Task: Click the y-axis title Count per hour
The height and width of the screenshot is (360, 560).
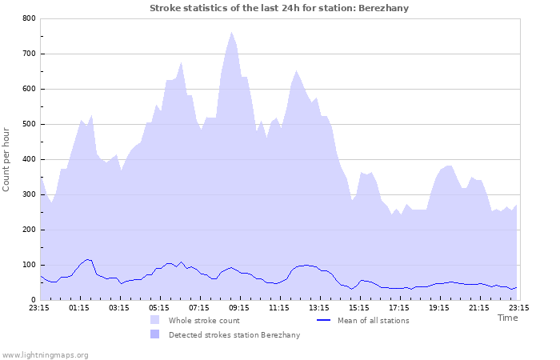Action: click(x=7, y=158)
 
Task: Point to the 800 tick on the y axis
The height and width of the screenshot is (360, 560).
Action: click(x=29, y=18)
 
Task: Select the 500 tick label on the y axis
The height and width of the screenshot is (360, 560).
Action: click(x=29, y=124)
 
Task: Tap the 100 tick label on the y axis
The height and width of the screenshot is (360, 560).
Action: click(x=29, y=265)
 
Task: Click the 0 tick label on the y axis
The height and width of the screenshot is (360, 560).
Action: click(x=33, y=300)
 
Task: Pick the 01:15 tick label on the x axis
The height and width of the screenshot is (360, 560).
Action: click(x=79, y=307)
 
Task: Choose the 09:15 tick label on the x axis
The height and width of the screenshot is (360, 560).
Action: click(x=239, y=307)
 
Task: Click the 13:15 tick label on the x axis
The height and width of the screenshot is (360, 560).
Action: click(x=319, y=307)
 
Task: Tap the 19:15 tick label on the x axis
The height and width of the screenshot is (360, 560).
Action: click(x=439, y=307)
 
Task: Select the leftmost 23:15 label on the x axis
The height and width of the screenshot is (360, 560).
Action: click(x=39, y=307)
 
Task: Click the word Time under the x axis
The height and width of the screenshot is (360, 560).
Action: click(x=507, y=318)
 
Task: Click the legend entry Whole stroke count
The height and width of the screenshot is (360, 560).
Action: click(x=205, y=320)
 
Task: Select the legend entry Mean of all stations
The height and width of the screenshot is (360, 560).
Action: click(x=373, y=320)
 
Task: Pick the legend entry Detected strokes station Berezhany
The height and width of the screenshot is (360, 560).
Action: click(x=234, y=334)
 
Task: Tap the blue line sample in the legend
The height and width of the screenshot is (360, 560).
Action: click(x=324, y=320)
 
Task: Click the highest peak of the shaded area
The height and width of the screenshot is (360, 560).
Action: click(x=231, y=33)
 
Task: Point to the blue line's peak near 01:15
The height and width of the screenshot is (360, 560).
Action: click(x=89, y=259)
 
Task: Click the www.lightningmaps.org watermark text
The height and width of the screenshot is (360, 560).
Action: click(x=45, y=354)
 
